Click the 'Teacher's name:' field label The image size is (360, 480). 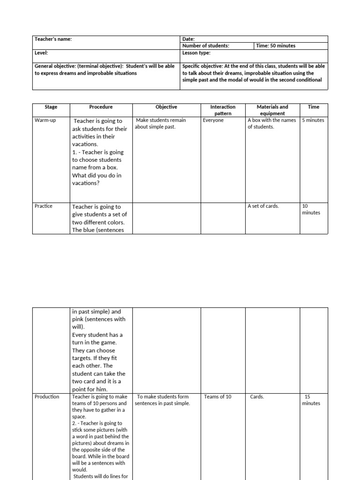tap(53, 39)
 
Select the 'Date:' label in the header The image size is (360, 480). tap(188, 39)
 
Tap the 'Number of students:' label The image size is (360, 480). tap(206, 46)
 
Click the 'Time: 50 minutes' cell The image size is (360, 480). tap(276, 46)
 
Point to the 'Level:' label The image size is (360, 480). tap(41, 53)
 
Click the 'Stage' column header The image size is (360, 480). tap(51, 107)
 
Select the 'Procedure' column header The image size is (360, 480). tap(101, 107)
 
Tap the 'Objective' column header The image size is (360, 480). tap(167, 107)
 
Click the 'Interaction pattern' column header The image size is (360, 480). tap(223, 110)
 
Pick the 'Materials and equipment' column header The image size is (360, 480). tap(273, 110)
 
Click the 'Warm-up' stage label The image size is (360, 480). tap(45, 120)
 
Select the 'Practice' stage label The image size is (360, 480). tap(44, 206)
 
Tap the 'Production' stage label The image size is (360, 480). tap(47, 397)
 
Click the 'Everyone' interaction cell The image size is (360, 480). tap(213, 120)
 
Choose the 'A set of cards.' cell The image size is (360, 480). tap(263, 206)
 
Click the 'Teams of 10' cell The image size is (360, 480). tap(217, 397)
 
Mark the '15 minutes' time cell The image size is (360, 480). tap(311, 400)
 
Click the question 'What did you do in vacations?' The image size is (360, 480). tap(97, 180)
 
